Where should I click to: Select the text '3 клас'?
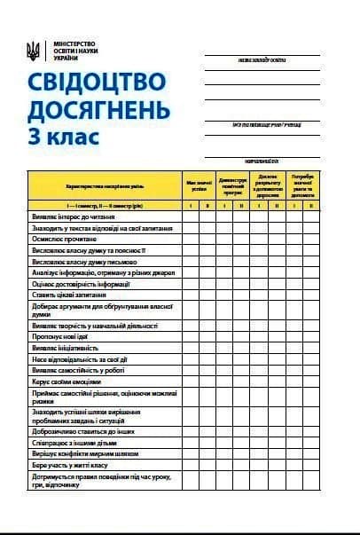64,138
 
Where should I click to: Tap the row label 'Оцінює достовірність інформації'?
81,284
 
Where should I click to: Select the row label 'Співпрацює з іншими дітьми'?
74,442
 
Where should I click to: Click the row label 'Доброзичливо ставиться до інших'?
83,430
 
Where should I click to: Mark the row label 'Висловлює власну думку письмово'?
85,262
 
